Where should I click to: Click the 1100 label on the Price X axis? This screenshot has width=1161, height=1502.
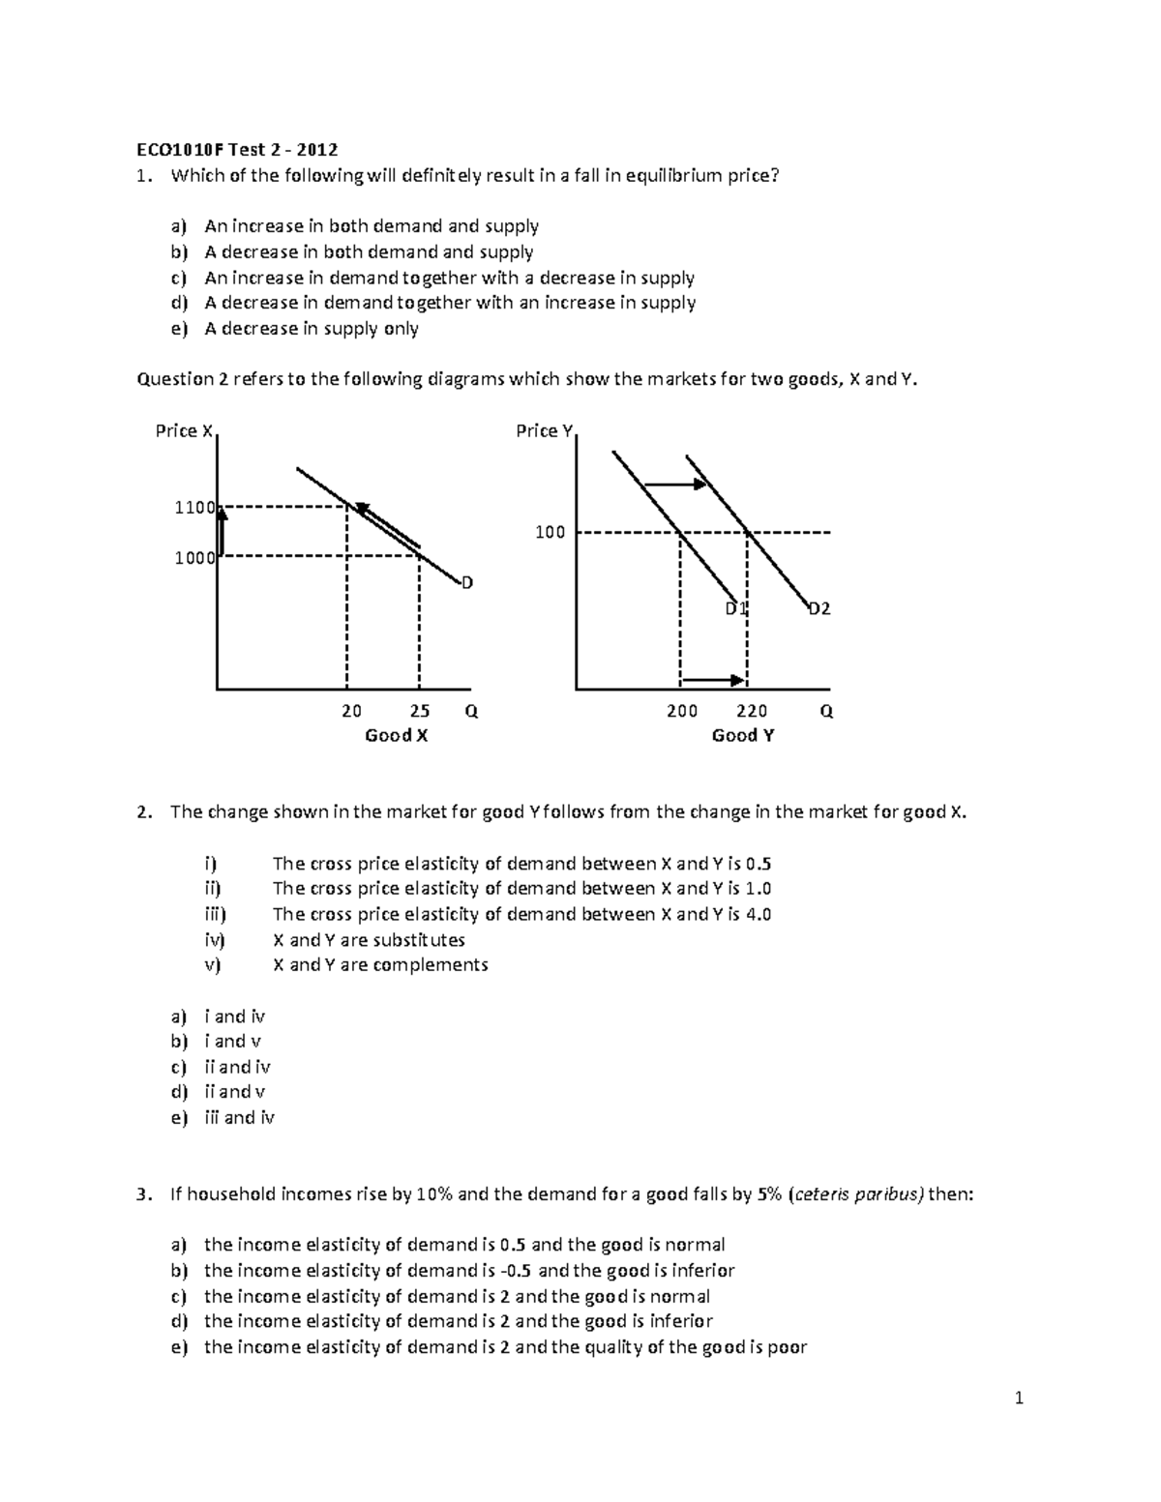[x=193, y=507]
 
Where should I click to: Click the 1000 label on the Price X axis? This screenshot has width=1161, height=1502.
[x=193, y=557]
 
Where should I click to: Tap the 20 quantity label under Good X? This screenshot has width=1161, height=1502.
[x=351, y=711]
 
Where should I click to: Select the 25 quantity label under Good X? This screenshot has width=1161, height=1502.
[x=419, y=711]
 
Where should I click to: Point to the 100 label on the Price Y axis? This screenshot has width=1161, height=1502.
[x=550, y=532]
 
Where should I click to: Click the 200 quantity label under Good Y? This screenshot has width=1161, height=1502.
[x=682, y=711]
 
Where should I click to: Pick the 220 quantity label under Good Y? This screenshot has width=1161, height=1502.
[x=752, y=711]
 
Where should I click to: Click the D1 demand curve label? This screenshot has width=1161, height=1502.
[x=737, y=608]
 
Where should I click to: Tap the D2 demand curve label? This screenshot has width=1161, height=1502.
[x=819, y=608]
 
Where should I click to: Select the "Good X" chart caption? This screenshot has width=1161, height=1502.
[x=396, y=735]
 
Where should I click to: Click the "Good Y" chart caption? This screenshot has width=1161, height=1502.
[x=742, y=735]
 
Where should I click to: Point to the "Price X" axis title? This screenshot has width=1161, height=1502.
[x=184, y=430]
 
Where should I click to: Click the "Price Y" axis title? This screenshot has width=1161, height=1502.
[x=545, y=430]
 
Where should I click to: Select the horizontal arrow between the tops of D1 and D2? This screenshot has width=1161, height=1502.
[x=676, y=484]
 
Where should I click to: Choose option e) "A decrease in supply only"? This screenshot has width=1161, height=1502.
[x=312, y=329]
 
